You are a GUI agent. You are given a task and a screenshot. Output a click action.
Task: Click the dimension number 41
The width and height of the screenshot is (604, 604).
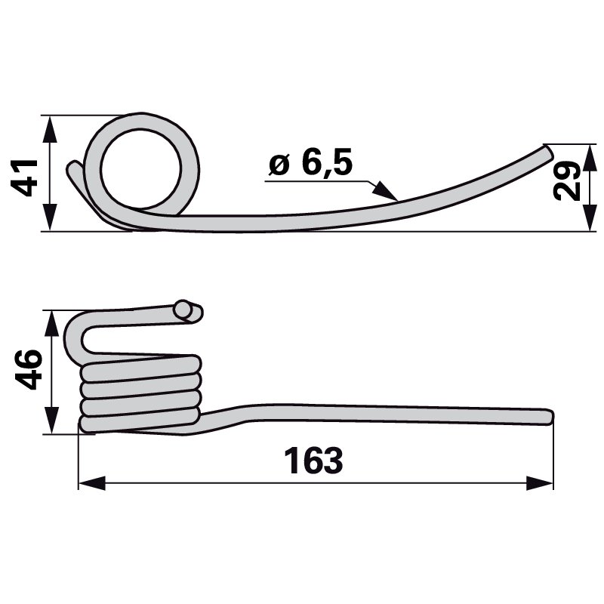tap(29, 177)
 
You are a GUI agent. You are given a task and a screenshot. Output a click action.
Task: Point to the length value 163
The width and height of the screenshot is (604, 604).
tap(313, 461)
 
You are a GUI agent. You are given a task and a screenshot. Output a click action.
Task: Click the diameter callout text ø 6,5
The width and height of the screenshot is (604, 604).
tap(310, 164)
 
